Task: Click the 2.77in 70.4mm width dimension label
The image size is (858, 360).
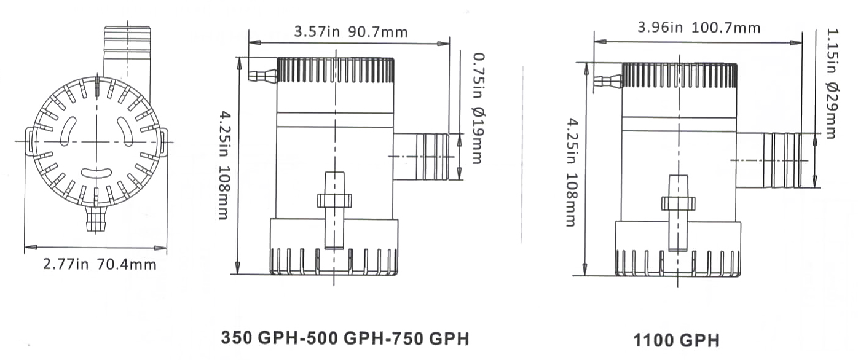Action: click(99, 265)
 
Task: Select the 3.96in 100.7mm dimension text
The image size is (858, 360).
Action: click(698, 28)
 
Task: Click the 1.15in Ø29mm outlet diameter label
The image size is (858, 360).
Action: click(830, 82)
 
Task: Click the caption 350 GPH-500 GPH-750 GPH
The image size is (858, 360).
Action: click(345, 338)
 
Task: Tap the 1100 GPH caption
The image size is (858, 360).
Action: click(675, 340)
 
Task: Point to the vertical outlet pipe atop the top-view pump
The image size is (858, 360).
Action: click(127, 52)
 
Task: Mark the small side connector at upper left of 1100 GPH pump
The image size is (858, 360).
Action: click(608, 80)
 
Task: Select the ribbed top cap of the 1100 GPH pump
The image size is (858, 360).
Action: click(679, 75)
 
